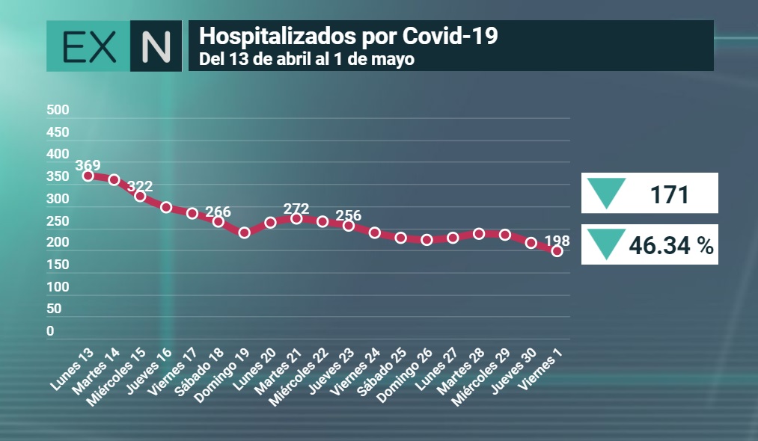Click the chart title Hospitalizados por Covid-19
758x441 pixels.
[x=348, y=36]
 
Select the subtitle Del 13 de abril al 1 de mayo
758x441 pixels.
[x=307, y=59]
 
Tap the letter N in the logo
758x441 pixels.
[x=156, y=46]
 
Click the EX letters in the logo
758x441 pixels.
[x=90, y=47]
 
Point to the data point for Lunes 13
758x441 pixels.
[x=88, y=176]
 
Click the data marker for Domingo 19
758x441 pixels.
[x=244, y=232]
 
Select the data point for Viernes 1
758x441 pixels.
[x=557, y=251]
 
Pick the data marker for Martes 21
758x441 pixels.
[x=296, y=219]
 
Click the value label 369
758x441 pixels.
[x=88, y=165]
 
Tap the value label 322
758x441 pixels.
[x=140, y=186]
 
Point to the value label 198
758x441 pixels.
[x=557, y=241]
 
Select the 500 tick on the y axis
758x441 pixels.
[x=58, y=110]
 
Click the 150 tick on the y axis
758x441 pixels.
[x=58, y=265]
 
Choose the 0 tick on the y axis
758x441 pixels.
[x=50, y=331]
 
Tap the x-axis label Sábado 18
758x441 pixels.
[x=199, y=371]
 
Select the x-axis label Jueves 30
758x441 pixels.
[x=514, y=371]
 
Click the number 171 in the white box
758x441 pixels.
[x=670, y=194]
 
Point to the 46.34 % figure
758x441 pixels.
[x=671, y=245]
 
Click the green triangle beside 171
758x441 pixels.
[x=606, y=192]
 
